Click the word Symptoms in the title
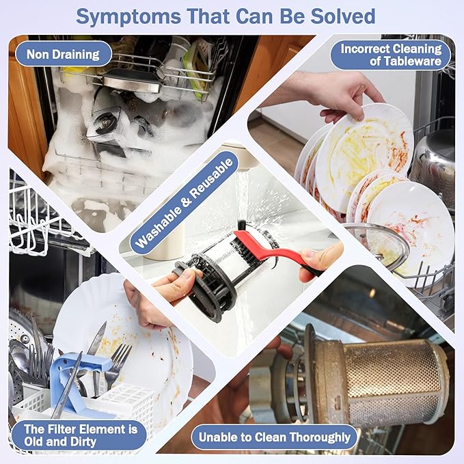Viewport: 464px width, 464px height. point(128,17)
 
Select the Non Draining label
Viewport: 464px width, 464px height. point(63,54)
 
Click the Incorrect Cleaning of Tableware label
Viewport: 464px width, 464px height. point(391,55)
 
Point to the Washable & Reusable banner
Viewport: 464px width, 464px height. point(184,203)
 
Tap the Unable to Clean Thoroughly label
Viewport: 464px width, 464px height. point(274,437)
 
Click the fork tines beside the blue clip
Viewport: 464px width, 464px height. point(122,355)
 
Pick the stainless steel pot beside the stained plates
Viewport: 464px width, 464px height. point(435,165)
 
